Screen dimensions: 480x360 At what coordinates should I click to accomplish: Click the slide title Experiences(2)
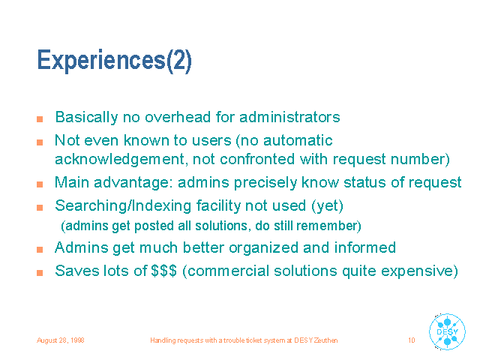114,61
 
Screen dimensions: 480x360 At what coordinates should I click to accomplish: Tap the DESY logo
447,331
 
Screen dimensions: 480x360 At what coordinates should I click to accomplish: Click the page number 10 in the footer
412,340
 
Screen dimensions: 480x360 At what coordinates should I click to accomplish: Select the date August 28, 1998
60,340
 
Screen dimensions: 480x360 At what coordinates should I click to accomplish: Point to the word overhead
178,117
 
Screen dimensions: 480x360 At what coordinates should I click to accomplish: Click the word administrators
289,117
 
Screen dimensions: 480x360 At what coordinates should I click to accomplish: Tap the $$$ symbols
163,271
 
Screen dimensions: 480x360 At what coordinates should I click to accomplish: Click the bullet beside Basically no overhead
40,119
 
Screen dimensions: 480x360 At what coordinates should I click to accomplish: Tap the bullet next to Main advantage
40,184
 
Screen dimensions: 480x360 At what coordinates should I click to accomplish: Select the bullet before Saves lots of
40,273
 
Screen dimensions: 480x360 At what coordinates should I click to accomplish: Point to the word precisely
265,183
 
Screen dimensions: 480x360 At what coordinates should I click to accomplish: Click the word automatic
298,140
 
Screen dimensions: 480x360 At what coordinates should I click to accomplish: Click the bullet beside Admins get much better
40,250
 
